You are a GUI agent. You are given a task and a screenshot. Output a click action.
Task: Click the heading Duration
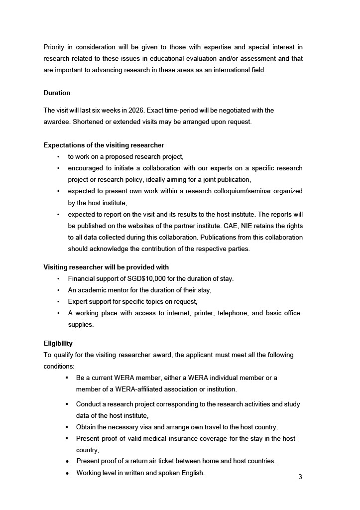click(x=57, y=93)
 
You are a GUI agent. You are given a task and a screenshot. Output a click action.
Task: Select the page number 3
click(x=300, y=477)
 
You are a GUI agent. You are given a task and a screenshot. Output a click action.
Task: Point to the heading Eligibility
click(x=58, y=344)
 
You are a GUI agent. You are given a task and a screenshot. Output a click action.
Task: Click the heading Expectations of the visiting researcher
click(x=104, y=145)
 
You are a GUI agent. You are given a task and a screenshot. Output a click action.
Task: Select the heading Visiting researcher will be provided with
click(x=106, y=267)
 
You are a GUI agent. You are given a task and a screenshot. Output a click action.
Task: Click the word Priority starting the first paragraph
click(x=54, y=47)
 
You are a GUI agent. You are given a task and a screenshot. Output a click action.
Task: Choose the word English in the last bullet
click(x=191, y=473)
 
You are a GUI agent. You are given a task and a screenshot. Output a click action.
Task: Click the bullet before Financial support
click(x=58, y=279)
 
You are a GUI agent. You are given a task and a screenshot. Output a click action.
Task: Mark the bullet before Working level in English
click(x=67, y=473)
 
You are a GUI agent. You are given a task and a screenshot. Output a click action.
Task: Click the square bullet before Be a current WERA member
click(x=67, y=378)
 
